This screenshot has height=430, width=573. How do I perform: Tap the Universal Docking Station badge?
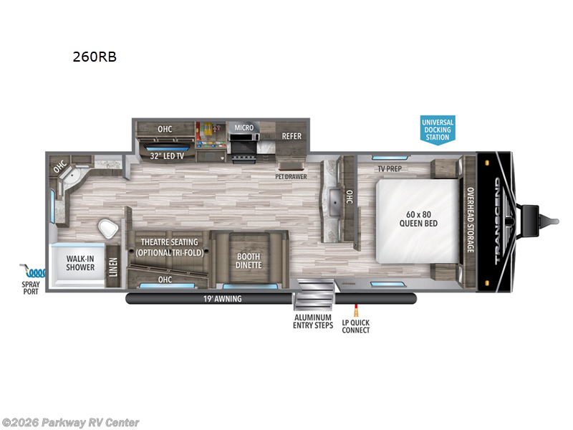[437, 129]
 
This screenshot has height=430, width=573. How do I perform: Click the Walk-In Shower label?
[81, 262]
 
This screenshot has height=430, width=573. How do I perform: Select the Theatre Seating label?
[170, 247]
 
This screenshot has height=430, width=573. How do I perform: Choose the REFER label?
[291, 135]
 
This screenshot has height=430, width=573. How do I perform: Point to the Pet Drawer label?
[292, 174]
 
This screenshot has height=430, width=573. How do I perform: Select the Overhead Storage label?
[471, 220]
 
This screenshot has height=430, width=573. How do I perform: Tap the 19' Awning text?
[222, 299]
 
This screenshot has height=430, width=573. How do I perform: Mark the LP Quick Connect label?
[356, 326]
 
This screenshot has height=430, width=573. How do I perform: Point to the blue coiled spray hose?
[33, 272]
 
